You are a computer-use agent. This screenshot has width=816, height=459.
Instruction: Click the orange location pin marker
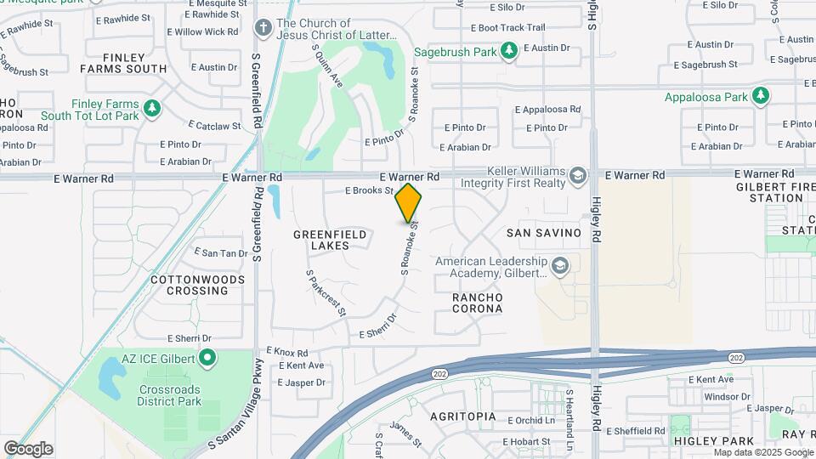click(x=408, y=202)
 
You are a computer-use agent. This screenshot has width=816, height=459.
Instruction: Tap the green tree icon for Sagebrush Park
click(x=509, y=52)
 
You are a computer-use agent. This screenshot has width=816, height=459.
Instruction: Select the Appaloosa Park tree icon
click(x=761, y=96)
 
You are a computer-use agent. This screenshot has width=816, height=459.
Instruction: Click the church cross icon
click(x=263, y=29)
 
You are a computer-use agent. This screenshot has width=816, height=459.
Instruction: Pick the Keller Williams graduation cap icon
click(x=579, y=176)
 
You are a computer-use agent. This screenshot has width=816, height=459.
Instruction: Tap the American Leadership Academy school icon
click(x=560, y=267)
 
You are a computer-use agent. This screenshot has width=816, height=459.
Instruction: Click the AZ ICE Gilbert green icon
click(x=207, y=359)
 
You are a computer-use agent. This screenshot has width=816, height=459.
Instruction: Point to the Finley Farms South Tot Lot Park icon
click(x=152, y=109)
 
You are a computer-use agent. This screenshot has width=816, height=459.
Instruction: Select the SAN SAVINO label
click(x=543, y=233)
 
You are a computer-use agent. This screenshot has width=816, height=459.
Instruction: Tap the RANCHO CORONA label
click(x=477, y=303)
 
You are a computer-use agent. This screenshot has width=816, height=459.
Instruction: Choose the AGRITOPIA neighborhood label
click(x=462, y=417)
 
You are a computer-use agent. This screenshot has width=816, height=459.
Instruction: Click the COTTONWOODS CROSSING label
click(x=190, y=285)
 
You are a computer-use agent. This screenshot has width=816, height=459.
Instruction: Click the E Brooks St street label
click(x=369, y=191)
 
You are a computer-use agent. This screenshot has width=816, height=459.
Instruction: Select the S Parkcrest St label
click(x=326, y=293)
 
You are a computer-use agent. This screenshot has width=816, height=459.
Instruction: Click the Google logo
click(x=28, y=449)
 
